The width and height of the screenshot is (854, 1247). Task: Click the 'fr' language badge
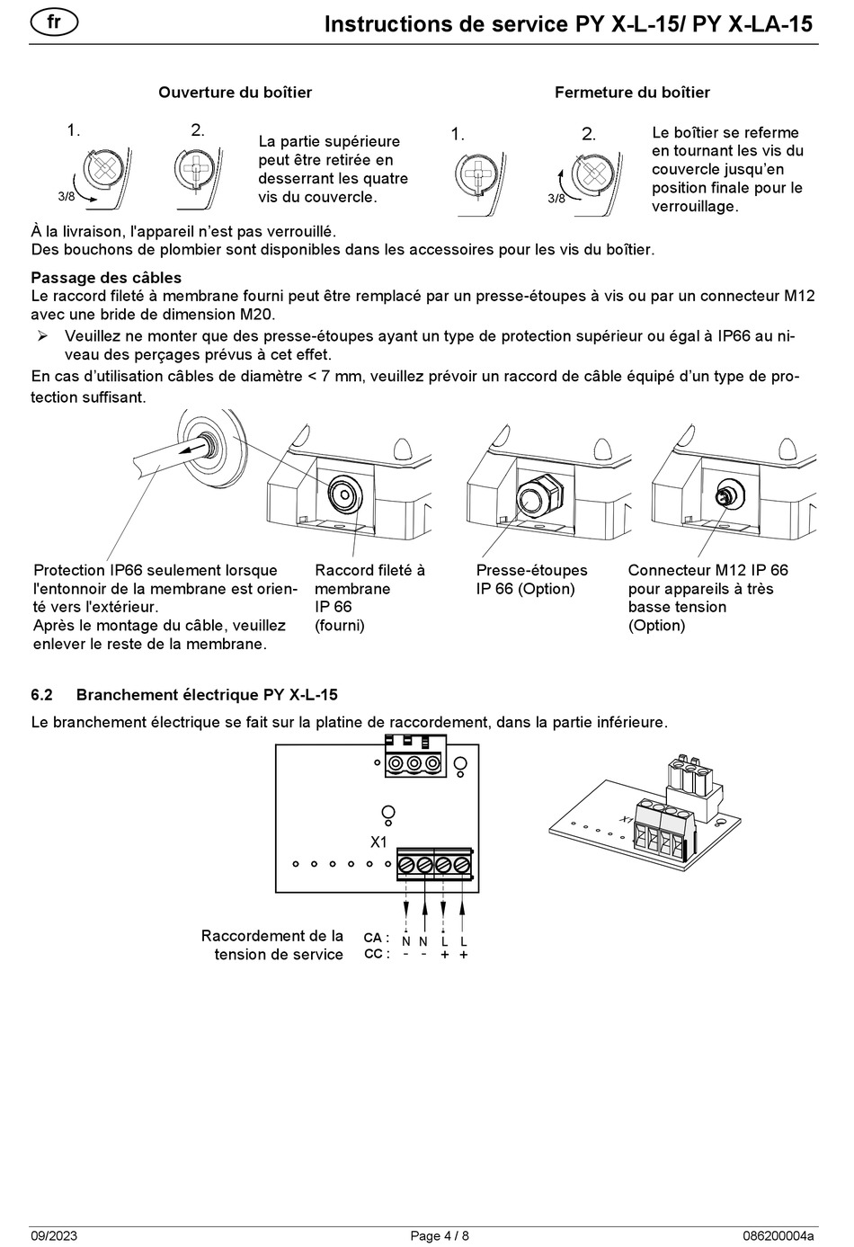pyautogui.click(x=54, y=22)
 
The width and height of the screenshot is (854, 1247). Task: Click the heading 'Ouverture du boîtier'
pyautogui.click(x=235, y=93)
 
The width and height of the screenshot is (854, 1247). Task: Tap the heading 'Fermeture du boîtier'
pyautogui.click(x=631, y=93)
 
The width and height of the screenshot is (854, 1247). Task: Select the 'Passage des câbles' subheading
pyautogui.click(x=106, y=278)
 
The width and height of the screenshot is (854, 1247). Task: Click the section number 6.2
pyautogui.click(x=42, y=695)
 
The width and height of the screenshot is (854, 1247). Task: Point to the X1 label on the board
pyautogui.click(x=378, y=842)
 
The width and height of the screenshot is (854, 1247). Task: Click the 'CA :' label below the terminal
pyautogui.click(x=376, y=938)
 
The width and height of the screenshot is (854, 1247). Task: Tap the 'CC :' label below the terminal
pyautogui.click(x=376, y=954)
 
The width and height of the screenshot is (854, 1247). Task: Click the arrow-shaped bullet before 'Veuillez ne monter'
pyautogui.click(x=41, y=336)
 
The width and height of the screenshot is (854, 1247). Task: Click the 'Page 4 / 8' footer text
pyautogui.click(x=440, y=1236)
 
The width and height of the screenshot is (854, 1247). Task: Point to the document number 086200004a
pyautogui.click(x=778, y=1236)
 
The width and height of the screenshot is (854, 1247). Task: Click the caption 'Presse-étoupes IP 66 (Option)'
pyautogui.click(x=531, y=580)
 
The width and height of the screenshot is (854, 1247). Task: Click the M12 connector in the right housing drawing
pyautogui.click(x=723, y=495)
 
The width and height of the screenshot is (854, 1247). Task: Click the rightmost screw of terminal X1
pyautogui.click(x=462, y=865)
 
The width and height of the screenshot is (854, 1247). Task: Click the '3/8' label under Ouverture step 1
pyautogui.click(x=66, y=195)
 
